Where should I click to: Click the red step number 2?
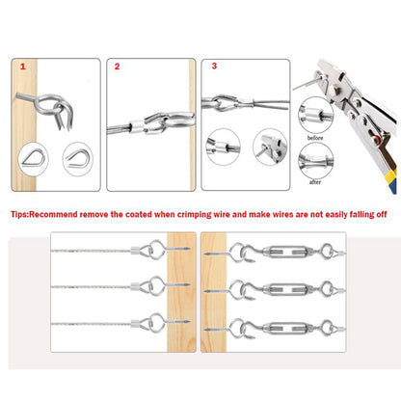click(x=118, y=68)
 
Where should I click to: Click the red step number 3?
click(x=214, y=68)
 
